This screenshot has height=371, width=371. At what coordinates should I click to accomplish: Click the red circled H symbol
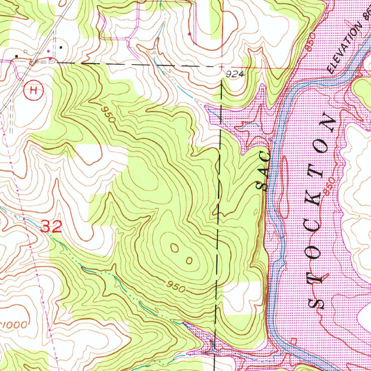click(33, 90)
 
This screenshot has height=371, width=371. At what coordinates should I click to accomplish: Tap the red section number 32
click(51, 226)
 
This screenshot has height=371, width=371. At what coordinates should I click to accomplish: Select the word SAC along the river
click(264, 172)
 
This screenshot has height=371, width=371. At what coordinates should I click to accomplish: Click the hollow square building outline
click(26, 51)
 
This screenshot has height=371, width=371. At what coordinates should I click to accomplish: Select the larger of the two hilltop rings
click(175, 248)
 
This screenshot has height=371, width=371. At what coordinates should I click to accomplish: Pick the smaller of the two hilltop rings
click(189, 260)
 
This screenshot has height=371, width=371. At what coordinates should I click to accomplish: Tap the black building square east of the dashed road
click(61, 47)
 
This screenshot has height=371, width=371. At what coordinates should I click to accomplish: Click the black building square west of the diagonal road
click(17, 56)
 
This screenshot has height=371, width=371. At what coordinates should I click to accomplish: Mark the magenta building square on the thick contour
click(189, 34)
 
